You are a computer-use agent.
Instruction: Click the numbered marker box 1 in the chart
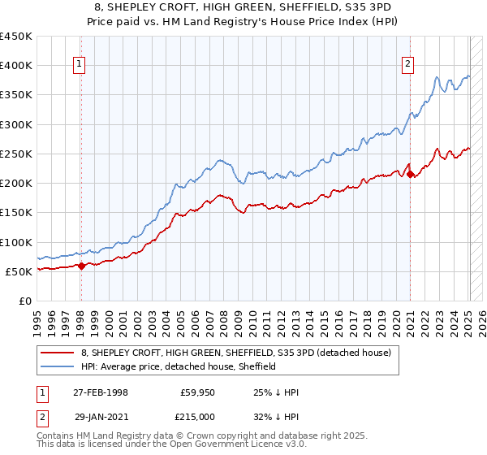pyautogui.click(x=80, y=66)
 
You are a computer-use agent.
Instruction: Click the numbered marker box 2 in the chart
pyautogui.click(x=407, y=66)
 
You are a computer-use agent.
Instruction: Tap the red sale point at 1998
pyautogui.click(x=82, y=266)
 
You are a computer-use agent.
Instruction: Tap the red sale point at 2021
pyautogui.click(x=411, y=174)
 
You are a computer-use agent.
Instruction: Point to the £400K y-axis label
pyautogui.click(x=16, y=66)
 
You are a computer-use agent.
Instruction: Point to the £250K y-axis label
pyautogui.click(x=16, y=154)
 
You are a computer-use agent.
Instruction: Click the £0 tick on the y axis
pyautogui.click(x=26, y=301)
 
